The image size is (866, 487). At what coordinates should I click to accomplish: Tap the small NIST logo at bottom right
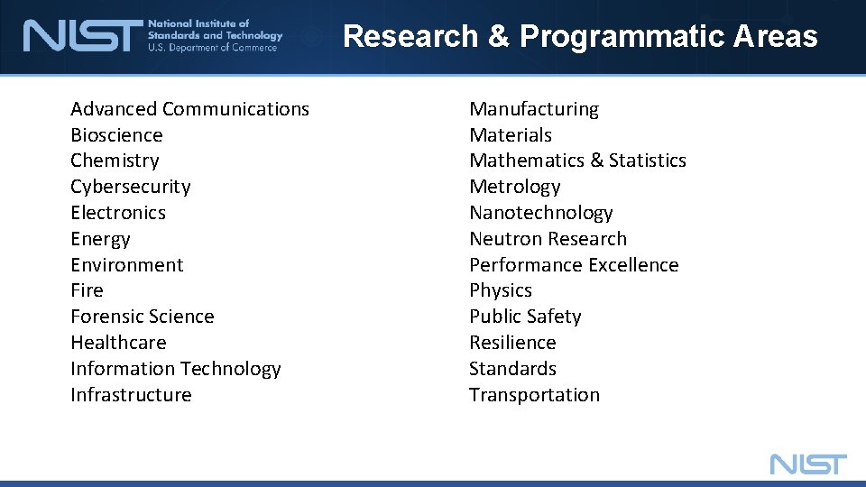coord(808,464)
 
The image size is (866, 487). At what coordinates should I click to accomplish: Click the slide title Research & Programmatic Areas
coord(580,36)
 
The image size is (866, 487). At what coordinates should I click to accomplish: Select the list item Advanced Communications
coord(189,109)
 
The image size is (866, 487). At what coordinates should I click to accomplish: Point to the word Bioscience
coord(116,135)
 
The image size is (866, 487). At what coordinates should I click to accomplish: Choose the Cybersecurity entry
coord(131,187)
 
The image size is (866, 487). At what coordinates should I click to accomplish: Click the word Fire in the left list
coord(87,290)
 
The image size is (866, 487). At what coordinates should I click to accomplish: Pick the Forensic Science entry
coord(143,317)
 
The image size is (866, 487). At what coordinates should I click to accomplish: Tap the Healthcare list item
coord(118,343)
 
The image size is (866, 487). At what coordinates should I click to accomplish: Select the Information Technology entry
coord(176,369)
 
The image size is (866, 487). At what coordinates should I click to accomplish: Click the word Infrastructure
coord(131,395)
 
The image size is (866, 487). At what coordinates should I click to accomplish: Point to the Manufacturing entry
coord(534,109)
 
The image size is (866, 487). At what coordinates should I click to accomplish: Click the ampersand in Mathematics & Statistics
coord(596,161)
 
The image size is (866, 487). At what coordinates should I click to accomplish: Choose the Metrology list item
coord(514,187)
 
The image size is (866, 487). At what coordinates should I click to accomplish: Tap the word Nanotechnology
coord(540,213)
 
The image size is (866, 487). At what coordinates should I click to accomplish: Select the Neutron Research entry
coord(548,239)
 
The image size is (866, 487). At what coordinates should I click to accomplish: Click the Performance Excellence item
coord(574,265)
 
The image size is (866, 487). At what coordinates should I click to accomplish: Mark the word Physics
coord(501,290)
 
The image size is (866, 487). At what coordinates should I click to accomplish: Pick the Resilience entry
coord(512,343)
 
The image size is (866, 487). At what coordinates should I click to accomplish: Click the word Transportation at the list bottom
coord(534,395)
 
